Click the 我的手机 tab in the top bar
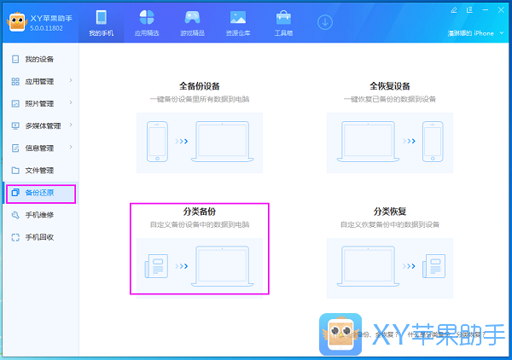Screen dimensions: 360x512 [x=101, y=23]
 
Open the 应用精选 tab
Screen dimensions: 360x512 [x=147, y=23]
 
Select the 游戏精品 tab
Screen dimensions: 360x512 [x=193, y=23]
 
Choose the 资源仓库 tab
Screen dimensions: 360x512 [x=238, y=23]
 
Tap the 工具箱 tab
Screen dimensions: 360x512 [x=283, y=23]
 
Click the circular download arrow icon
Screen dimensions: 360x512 [x=325, y=21]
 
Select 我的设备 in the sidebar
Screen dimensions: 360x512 [x=38, y=59]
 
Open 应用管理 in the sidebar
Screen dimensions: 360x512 [x=38, y=81]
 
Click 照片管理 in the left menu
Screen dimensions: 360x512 [x=38, y=103]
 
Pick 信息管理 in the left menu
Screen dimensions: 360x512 [x=38, y=148]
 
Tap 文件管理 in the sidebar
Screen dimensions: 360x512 [x=38, y=170]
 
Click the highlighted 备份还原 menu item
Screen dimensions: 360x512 [x=38, y=193]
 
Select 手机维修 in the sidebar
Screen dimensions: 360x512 [x=38, y=215]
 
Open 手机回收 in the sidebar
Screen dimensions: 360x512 [x=38, y=237]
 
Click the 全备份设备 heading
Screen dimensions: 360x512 [x=199, y=86]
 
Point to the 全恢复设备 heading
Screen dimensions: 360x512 [x=389, y=86]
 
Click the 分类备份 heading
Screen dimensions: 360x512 [x=199, y=211]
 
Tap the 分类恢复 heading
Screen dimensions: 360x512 [x=389, y=211]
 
